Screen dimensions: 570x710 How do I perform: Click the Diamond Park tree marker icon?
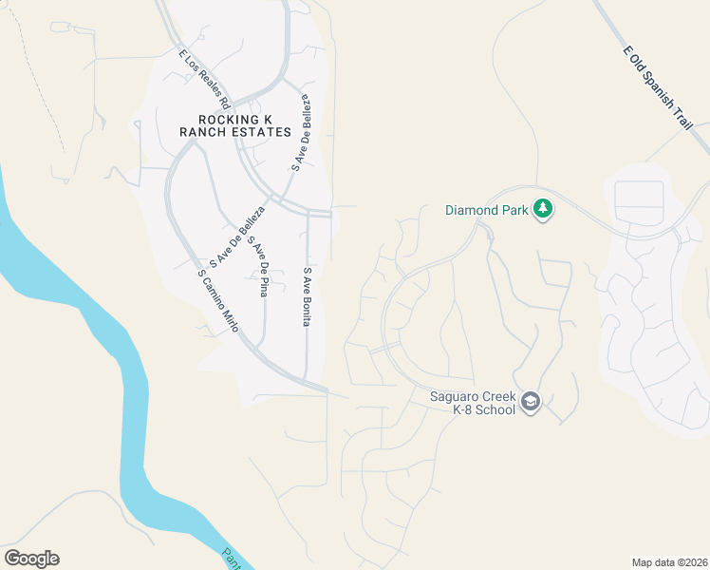[542, 208]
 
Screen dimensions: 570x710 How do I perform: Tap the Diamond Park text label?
[488, 209]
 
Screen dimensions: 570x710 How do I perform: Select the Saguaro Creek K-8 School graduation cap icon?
[531, 403]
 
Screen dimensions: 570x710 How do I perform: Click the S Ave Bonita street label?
[308, 296]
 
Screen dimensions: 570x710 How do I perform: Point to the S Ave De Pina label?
[257, 267]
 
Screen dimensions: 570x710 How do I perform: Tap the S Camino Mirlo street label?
[217, 300]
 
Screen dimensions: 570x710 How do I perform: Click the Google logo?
[31, 559]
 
